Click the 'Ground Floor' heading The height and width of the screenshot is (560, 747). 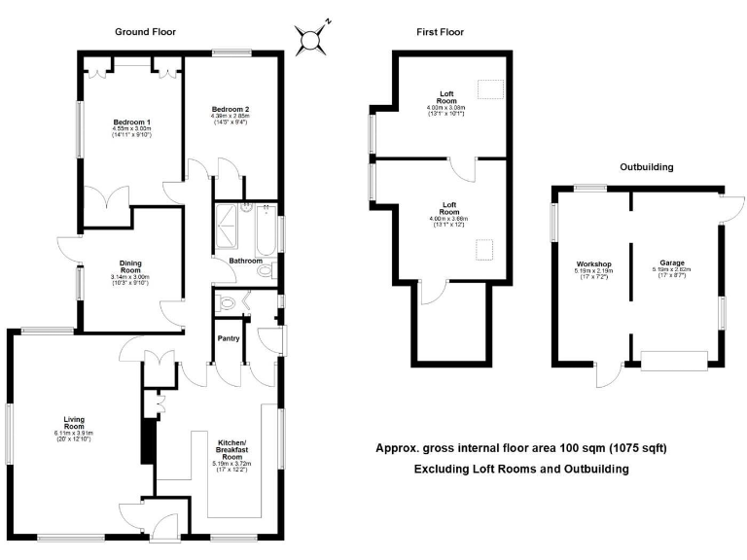[145, 31]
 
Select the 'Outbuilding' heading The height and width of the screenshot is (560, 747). [647, 166]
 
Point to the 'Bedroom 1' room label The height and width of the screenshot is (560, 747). [130, 122]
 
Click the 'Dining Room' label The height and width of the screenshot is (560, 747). [130, 266]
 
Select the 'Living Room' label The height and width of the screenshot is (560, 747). [75, 424]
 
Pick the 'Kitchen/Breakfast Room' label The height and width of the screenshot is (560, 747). [231, 446]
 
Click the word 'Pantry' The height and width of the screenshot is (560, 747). [228, 340]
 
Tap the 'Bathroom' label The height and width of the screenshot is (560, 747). [246, 262]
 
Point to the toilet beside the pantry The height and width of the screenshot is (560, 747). [230, 303]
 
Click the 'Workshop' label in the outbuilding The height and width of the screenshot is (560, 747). [592, 264]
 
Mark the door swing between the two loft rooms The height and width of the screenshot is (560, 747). [469, 168]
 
